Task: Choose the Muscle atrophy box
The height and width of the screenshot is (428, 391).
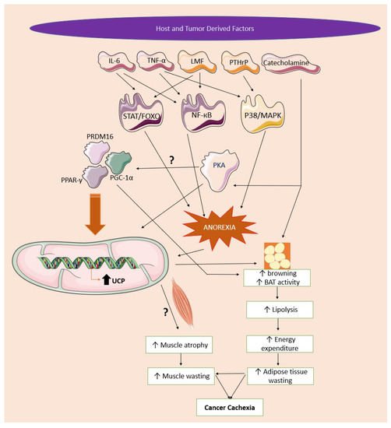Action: coord(182,344)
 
